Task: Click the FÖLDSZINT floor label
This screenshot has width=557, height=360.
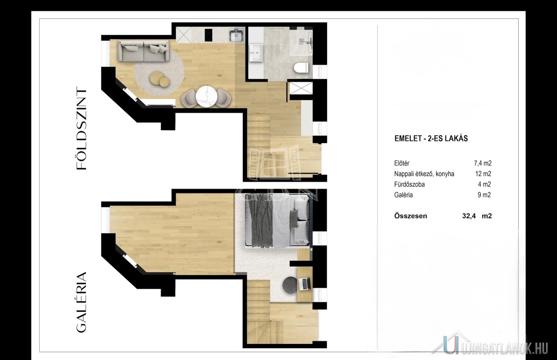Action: (x=81, y=128)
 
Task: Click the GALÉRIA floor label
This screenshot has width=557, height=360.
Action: (x=81, y=302)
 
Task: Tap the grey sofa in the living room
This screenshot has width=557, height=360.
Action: (x=144, y=51)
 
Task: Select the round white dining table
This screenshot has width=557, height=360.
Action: (x=206, y=97)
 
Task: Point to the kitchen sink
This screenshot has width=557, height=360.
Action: (x=236, y=35)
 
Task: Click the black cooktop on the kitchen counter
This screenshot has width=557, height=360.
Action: (x=208, y=35)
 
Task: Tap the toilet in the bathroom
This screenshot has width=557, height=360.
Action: (x=301, y=67)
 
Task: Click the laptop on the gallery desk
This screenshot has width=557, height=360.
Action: (x=305, y=284)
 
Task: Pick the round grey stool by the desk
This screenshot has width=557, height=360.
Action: (x=290, y=284)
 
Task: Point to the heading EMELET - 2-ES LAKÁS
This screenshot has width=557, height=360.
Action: (x=431, y=138)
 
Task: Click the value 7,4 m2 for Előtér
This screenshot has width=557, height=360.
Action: (x=483, y=163)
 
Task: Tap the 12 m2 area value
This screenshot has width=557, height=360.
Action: (x=483, y=173)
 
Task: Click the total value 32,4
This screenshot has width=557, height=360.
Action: (x=469, y=216)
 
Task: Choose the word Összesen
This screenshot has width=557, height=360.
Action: (x=410, y=216)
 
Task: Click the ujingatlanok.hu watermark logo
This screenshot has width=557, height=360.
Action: (x=490, y=347)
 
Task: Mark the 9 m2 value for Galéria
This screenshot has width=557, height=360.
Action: (x=484, y=195)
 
